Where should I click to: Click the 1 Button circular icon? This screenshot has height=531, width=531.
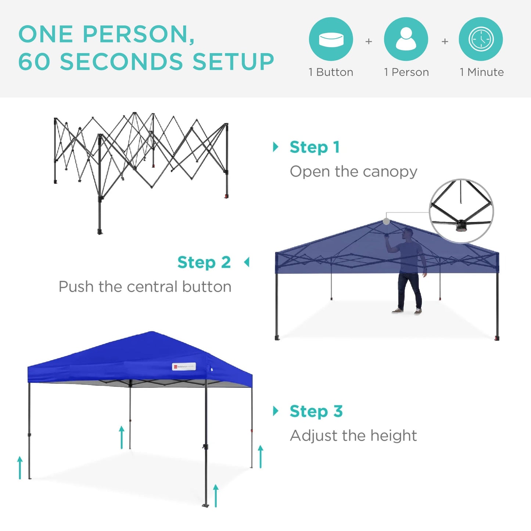pyautogui.click(x=331, y=39)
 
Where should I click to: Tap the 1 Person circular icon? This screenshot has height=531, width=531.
pyautogui.click(x=406, y=39)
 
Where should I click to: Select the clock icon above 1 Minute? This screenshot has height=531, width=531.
pyautogui.click(x=481, y=39)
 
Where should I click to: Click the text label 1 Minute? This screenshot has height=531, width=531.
pyautogui.click(x=481, y=72)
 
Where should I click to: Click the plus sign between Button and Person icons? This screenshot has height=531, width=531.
pyautogui.click(x=369, y=42)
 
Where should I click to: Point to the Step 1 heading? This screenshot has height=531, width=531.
pyautogui.click(x=314, y=147)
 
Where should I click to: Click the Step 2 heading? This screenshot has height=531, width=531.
pyautogui.click(x=204, y=262)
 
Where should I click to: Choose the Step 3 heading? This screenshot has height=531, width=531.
pyautogui.click(x=316, y=411)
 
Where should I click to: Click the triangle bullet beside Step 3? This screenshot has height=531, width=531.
pyautogui.click(x=276, y=411)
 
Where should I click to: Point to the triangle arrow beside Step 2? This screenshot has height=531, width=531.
pyautogui.click(x=247, y=262)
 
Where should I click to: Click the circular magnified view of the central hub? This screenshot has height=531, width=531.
pyautogui.click(x=461, y=211)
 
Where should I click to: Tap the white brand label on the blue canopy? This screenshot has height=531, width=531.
pyautogui.click(x=184, y=366)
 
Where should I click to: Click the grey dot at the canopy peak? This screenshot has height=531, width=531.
pyautogui.click(x=386, y=221)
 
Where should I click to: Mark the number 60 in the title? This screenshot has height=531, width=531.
pyautogui.click(x=34, y=61)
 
